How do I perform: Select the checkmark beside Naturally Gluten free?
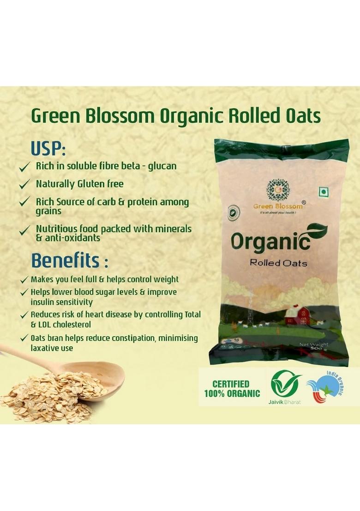[24, 184]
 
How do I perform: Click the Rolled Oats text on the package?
[278, 263]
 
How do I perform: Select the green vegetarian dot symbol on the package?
[322, 191]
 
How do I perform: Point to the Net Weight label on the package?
[313, 345]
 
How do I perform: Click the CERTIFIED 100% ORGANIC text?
[232, 389]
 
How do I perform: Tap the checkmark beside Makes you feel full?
[24, 280]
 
